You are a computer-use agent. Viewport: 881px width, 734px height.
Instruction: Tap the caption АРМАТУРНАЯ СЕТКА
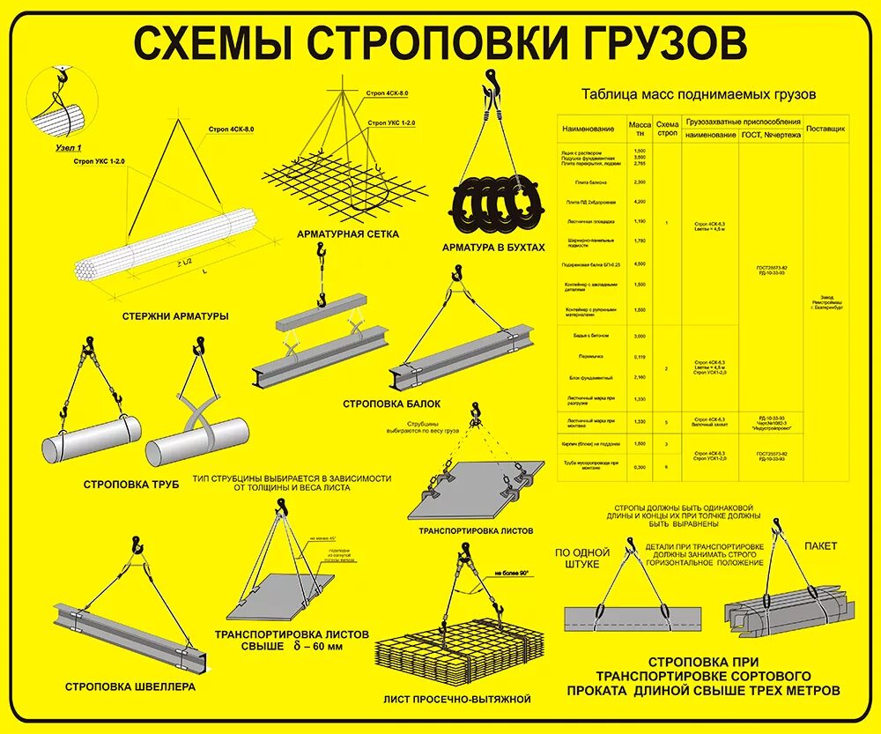pyautogui.click(x=348, y=234)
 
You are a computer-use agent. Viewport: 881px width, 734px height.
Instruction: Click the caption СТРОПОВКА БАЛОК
pyautogui.click(x=391, y=404)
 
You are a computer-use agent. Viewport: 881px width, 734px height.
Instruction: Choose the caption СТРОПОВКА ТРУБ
pyautogui.click(x=131, y=484)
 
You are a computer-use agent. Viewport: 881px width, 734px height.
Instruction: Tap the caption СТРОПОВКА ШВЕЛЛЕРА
pyautogui.click(x=130, y=686)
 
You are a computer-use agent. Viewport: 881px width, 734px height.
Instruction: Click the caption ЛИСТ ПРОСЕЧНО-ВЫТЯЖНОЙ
pyautogui.click(x=457, y=699)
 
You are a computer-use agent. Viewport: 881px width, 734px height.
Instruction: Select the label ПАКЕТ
pyautogui.click(x=820, y=545)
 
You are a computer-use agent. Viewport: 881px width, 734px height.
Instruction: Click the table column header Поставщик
pyautogui.click(x=826, y=129)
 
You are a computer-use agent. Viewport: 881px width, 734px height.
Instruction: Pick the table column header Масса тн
pyautogui.click(x=640, y=129)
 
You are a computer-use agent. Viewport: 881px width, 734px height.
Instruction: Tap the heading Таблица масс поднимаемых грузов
pyautogui.click(x=699, y=93)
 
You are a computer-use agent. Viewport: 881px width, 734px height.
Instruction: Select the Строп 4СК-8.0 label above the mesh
pyautogui.click(x=388, y=93)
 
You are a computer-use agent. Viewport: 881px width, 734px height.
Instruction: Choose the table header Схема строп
pyautogui.click(x=667, y=129)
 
